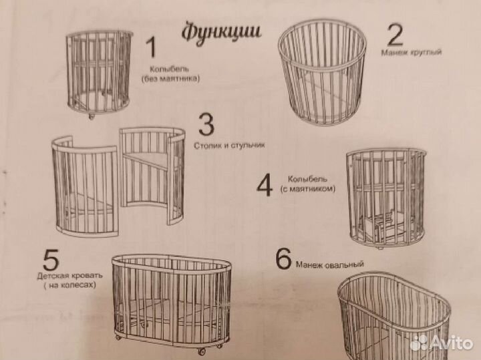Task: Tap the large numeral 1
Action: click(x=152, y=47)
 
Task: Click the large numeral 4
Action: click(x=265, y=186)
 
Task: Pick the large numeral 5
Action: click(x=50, y=259)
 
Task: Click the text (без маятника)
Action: click(x=170, y=78)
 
